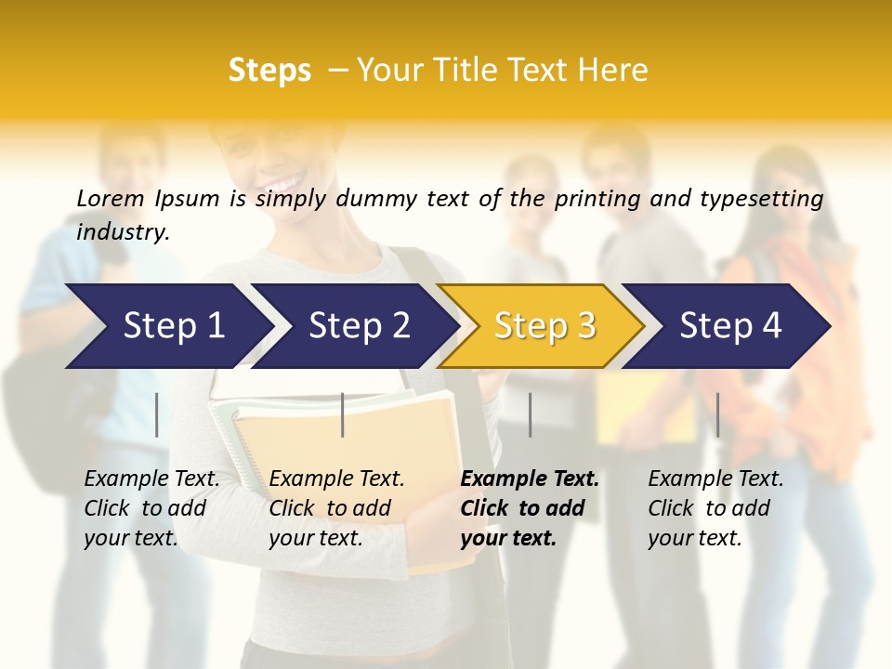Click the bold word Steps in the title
point(269,70)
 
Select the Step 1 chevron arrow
point(167,326)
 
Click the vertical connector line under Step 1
point(157,414)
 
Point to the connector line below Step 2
point(343,414)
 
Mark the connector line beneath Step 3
point(531,414)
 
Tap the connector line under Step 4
point(717,414)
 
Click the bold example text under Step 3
point(530,508)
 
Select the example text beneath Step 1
point(151,508)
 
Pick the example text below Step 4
point(715,508)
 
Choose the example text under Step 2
point(336,508)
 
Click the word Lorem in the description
point(111,199)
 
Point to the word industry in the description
point(123,232)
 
